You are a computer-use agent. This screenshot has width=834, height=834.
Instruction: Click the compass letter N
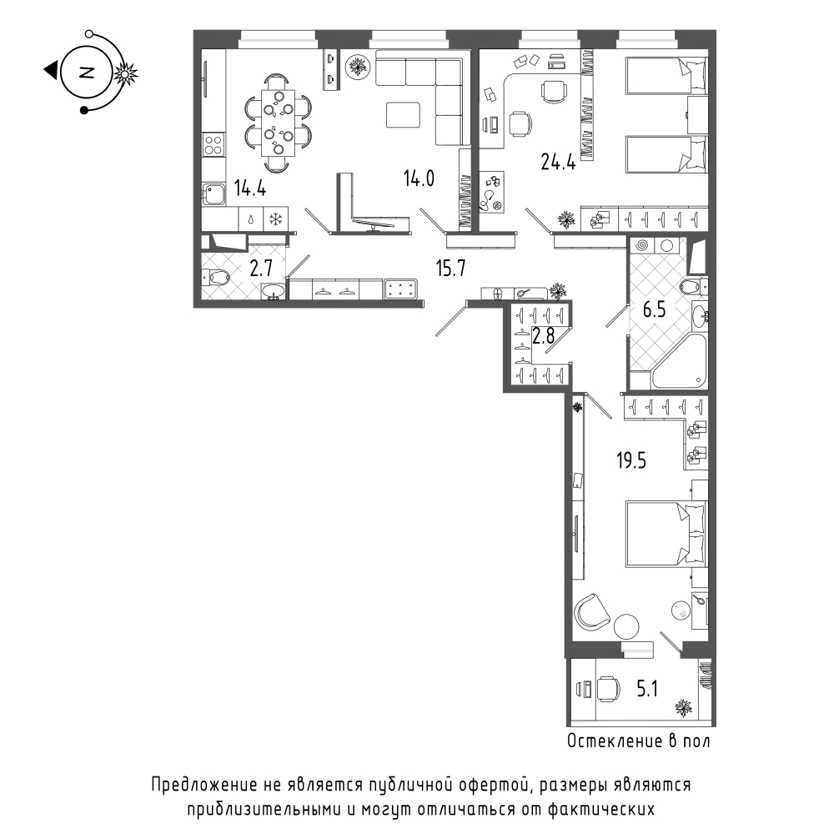coord(86,72)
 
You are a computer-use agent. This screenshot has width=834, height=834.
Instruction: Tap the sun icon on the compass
coord(126,74)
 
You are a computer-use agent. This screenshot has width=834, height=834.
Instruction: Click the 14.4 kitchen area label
coord(250,188)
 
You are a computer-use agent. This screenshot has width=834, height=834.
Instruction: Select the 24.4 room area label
coord(558,161)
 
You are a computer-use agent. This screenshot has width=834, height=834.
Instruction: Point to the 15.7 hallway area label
coord(450,268)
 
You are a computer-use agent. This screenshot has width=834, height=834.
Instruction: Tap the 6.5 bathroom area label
coord(654,309)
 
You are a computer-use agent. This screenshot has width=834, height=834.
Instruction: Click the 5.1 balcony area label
coord(647,690)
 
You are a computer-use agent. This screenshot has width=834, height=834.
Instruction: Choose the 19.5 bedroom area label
coord(631,460)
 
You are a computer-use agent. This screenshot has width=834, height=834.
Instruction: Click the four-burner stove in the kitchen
coord(214,144)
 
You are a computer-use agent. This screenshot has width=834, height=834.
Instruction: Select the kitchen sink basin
coord(214,194)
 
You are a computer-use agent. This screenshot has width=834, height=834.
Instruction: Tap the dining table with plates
coord(278,123)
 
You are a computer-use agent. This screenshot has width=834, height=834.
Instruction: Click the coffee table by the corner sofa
coord(403,115)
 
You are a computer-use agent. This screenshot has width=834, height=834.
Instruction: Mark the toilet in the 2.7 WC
coord(215,277)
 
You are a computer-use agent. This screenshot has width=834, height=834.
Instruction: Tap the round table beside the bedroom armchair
coord(626,626)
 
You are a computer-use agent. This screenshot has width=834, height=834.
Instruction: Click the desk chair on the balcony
coord(608,690)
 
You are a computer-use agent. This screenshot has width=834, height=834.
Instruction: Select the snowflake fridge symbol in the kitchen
coord(275,219)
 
